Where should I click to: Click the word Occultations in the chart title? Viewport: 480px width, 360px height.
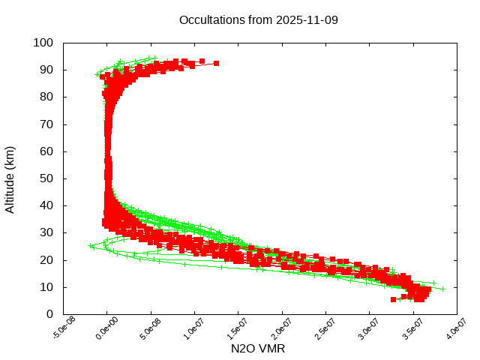coord(211,19)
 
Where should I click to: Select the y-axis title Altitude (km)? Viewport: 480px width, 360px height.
coord(10,178)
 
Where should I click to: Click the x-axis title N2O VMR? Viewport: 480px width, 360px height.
coord(258,349)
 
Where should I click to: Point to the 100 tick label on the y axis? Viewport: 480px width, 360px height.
coord(43,43)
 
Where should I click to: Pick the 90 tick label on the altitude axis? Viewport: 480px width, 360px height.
coord(46,70)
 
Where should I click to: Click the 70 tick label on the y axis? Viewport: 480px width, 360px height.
coord(46,124)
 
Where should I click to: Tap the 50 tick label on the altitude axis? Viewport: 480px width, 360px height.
coord(46,178)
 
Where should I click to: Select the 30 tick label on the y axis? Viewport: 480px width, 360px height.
coord(46,232)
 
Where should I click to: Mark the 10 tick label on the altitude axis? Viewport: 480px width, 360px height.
coord(46,287)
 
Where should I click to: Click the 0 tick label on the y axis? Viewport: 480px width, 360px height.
coord(49,314)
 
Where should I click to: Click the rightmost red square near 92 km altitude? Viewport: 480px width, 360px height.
coord(216,63)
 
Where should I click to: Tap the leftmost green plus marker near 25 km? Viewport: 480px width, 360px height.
coord(91,245)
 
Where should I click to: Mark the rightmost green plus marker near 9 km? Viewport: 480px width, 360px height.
coord(442,289)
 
